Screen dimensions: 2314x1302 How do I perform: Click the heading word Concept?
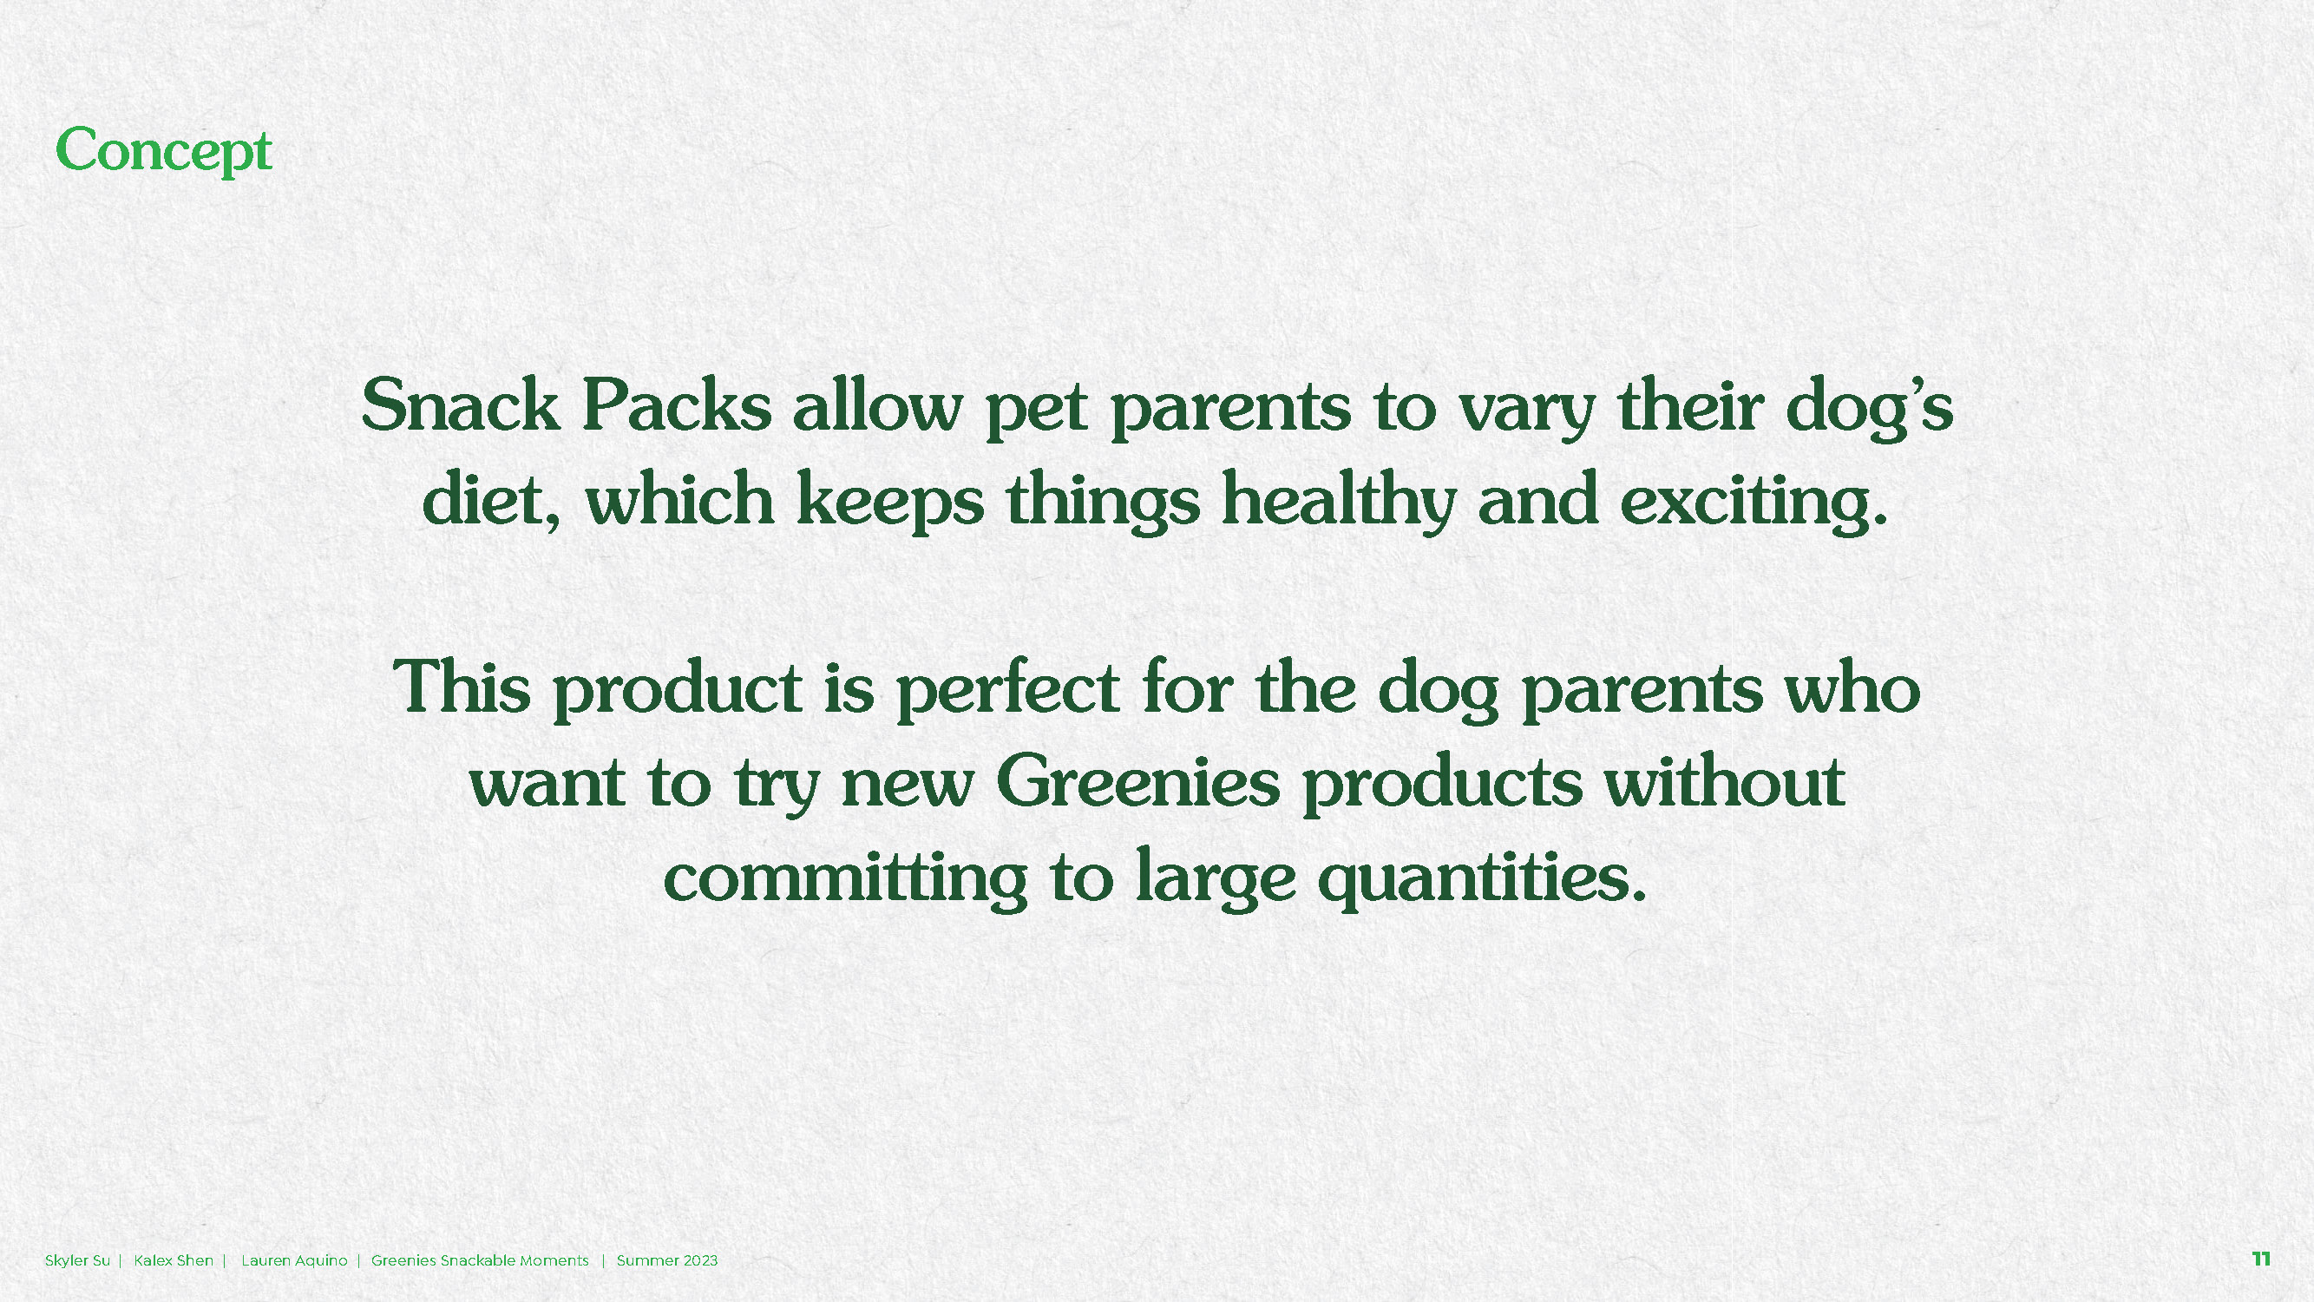click(x=163, y=151)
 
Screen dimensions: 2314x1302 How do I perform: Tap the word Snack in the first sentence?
click(x=461, y=406)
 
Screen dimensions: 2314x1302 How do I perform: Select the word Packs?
click(x=677, y=406)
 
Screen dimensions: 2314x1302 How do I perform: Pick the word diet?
click(x=490, y=500)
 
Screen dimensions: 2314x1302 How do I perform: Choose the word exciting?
click(x=1754, y=502)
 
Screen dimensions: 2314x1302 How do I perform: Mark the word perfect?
click(x=1008, y=690)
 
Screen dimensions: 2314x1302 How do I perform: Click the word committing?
click(x=845, y=878)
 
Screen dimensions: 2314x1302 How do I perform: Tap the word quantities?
click(x=1483, y=878)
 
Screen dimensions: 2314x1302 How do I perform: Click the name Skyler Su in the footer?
click(x=77, y=1260)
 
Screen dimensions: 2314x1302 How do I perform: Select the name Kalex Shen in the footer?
click(x=174, y=1260)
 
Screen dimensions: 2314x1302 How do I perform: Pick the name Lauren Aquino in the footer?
click(x=295, y=1260)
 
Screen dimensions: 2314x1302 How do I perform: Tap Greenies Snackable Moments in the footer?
click(x=480, y=1260)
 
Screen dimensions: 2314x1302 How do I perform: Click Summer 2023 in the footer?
click(x=667, y=1260)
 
